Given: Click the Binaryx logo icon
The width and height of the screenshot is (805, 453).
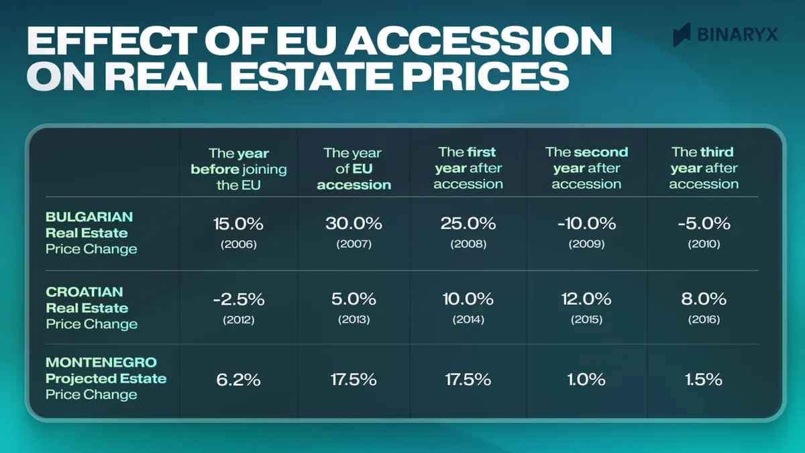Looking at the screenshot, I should (682, 34).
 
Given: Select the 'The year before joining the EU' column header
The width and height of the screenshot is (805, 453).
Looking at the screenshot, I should (238, 169).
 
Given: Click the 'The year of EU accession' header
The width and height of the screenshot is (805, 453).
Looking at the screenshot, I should (353, 169).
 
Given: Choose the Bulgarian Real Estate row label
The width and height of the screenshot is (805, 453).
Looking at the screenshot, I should (91, 233).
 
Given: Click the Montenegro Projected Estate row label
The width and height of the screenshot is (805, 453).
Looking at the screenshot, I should (105, 379).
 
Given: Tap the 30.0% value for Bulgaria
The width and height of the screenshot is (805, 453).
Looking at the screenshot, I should (353, 224).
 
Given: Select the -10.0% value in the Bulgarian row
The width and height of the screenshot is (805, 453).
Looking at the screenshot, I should (586, 224).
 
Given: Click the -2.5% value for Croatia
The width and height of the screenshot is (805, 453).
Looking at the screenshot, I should (238, 299).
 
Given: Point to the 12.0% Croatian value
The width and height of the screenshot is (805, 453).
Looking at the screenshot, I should (586, 299).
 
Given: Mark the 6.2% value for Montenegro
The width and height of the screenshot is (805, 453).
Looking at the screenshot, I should (238, 379).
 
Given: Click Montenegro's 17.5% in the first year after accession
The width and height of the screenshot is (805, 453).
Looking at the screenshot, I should (468, 379).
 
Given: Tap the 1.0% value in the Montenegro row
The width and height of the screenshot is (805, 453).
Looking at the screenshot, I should (586, 379).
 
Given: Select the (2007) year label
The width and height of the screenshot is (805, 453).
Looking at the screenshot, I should (353, 244).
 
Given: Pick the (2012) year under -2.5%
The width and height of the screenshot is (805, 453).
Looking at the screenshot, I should (238, 319).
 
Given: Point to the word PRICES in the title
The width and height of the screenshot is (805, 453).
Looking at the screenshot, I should (484, 77).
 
